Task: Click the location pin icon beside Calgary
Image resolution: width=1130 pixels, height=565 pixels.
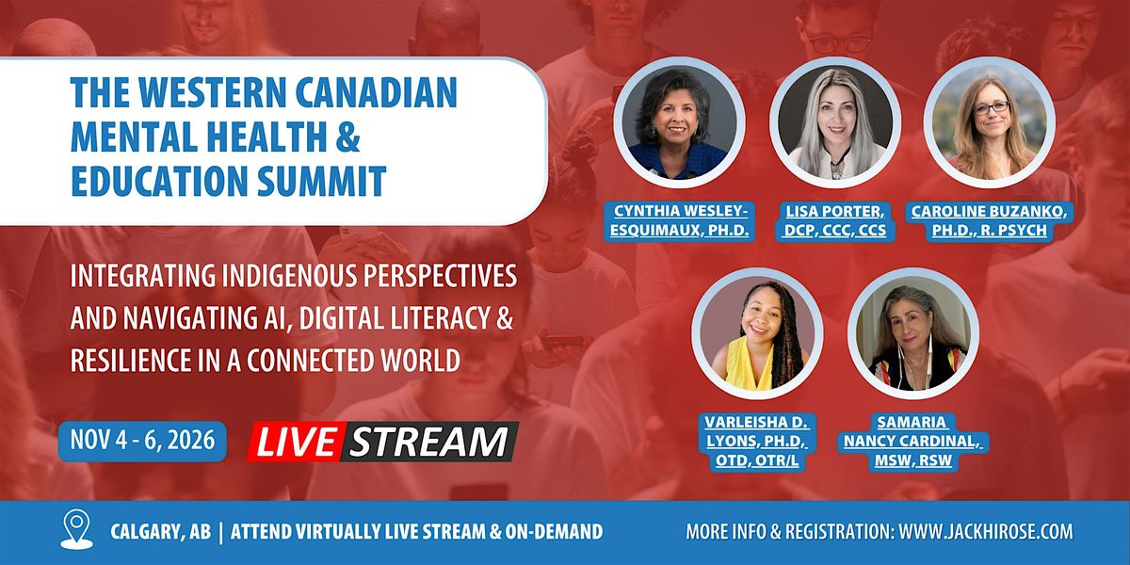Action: (76, 528)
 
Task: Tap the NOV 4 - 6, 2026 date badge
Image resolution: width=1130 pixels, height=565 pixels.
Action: (142, 441)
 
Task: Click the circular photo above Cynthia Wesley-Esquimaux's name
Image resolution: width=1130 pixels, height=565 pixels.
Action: (679, 122)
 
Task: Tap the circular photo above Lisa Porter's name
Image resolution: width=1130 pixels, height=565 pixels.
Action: (835, 122)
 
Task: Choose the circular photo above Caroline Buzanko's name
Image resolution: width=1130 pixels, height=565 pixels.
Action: (990, 122)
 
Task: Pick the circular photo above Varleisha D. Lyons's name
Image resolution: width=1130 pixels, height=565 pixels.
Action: (757, 333)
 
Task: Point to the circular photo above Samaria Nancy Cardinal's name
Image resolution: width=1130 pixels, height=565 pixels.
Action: (913, 333)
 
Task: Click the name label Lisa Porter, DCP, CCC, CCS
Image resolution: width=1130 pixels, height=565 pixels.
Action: (835, 220)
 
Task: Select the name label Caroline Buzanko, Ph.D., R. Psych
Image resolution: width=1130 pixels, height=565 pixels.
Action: (990, 220)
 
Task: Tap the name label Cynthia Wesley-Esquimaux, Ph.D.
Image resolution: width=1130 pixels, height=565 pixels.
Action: (679, 220)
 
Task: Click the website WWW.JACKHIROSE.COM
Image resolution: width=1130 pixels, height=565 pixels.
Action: (986, 532)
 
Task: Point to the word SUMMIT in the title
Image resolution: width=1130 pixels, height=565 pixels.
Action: (321, 181)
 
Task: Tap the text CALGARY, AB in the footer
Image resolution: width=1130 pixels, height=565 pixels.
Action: (160, 532)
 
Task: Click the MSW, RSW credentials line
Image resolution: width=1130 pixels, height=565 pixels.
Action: (913, 460)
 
